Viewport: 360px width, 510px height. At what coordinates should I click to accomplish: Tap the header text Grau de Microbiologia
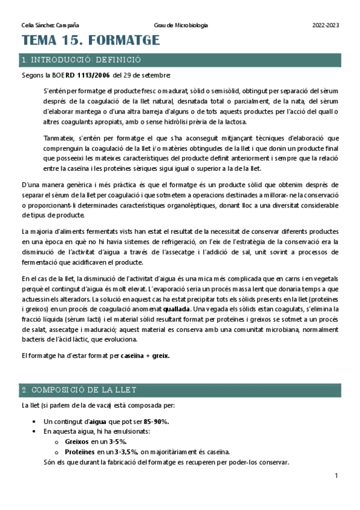click(x=181, y=25)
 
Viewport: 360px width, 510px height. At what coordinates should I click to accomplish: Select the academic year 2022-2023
click(x=326, y=25)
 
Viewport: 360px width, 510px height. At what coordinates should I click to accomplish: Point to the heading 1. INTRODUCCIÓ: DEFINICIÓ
click(x=81, y=60)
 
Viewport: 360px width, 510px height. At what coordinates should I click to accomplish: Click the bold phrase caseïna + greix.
click(x=145, y=355)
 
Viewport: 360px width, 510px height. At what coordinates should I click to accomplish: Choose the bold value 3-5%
click(x=123, y=441)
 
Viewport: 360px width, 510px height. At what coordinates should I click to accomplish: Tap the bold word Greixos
click(x=76, y=441)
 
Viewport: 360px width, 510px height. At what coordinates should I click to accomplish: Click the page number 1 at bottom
click(x=337, y=476)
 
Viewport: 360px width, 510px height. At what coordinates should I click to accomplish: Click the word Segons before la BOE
click(x=31, y=75)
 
